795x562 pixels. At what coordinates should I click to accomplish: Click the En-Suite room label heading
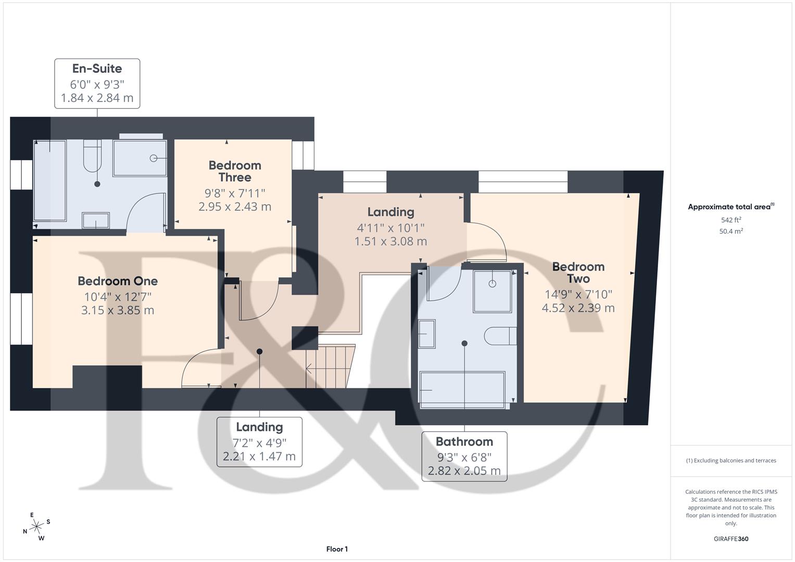pos(97,69)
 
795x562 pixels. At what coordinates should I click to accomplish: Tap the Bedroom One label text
pos(118,281)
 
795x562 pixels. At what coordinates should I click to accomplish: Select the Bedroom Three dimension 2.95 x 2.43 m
pos(235,207)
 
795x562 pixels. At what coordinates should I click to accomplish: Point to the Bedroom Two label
pos(578,273)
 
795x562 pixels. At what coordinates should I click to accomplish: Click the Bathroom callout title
pos(464,442)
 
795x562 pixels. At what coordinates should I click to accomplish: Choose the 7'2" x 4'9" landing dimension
pos(259,443)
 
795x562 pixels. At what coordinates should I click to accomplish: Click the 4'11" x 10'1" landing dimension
pos(390,227)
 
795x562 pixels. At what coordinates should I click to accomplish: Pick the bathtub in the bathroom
pos(462,389)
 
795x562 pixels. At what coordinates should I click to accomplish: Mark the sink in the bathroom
pos(427,334)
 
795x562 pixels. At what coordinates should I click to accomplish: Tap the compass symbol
pos(36,527)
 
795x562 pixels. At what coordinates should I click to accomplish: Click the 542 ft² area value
pos(731,220)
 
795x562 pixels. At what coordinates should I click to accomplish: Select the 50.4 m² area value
pos(731,232)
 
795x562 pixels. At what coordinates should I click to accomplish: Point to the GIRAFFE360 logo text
pos(731,539)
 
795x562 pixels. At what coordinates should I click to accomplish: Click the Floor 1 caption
pos(337,549)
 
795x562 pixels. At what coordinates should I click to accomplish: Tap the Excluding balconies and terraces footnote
pos(731,461)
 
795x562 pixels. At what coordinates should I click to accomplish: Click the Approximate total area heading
pos(730,207)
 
